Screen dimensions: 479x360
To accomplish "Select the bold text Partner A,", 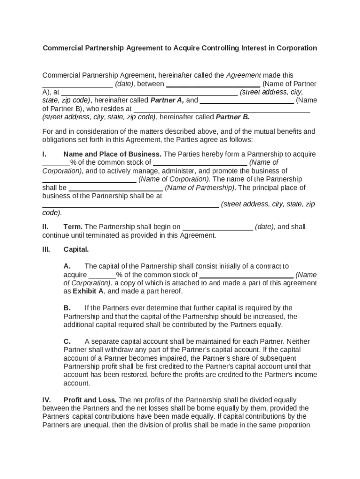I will coord(167,100).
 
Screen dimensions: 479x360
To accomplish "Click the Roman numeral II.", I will coord(45,227).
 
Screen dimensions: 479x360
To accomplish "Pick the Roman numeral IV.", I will coord(46,400).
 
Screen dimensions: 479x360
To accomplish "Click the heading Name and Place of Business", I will coord(112,154).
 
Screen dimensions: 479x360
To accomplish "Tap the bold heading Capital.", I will coord(76,249).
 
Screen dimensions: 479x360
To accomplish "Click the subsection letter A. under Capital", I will coord(67,266).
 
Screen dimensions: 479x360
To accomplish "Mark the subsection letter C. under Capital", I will coord(67,341).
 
